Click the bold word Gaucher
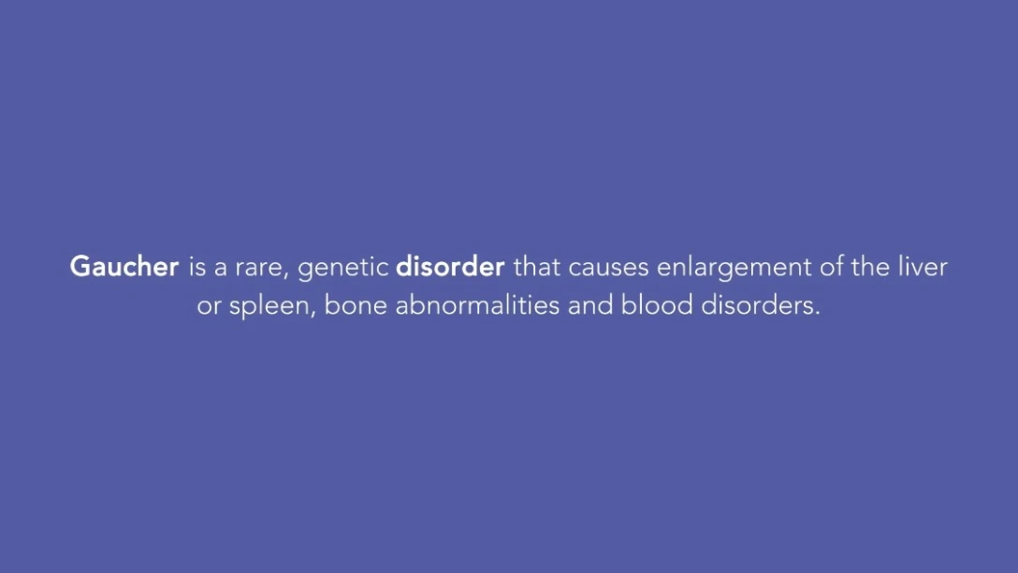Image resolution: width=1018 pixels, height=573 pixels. pos(124,266)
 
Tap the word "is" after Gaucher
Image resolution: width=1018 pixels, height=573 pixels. pos(197,266)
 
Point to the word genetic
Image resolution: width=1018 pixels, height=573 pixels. pos(342,268)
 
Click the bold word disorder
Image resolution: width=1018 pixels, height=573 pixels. pos(450,266)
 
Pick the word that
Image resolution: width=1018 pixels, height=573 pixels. pos(537,266)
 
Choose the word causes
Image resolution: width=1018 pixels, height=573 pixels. pos(608,269)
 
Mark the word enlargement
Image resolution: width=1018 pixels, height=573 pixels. pos(734,268)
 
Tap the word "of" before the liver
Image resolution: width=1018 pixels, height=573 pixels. pos(831,266)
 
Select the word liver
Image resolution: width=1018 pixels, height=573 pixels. pos(923,266)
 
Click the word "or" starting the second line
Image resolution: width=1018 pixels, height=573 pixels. pos(209,307)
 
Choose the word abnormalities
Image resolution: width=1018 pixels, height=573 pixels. pos(477,304)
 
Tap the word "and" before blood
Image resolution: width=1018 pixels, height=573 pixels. pos(590,304)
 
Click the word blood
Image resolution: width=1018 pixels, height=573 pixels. pos(657,304)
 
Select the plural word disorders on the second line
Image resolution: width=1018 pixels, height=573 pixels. pos(756,304)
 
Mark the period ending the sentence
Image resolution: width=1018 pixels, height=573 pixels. pos(818,314)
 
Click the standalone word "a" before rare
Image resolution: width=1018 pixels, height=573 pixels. pos(221,269)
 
